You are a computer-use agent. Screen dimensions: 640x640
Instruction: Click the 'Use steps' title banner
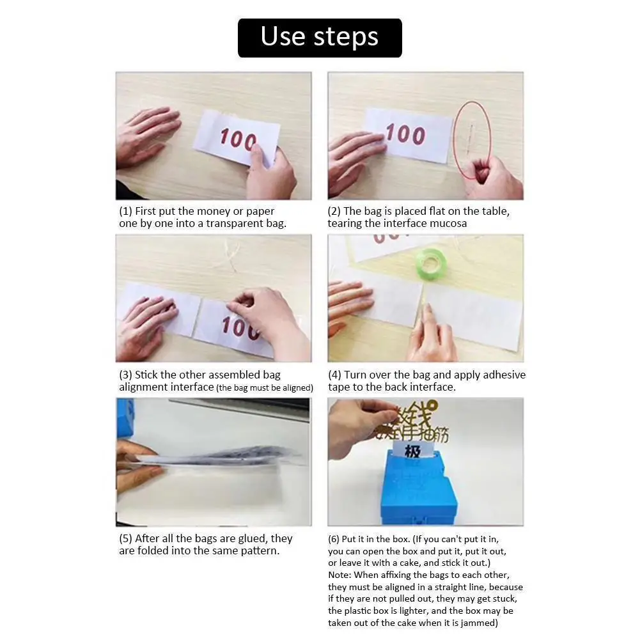point(320,38)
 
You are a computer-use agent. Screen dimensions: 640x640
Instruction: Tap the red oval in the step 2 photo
point(455,139)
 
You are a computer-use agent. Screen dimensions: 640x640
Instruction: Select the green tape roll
point(430,263)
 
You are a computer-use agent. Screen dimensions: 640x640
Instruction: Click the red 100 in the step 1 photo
point(238,139)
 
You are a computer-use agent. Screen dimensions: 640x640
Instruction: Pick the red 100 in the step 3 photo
point(241,327)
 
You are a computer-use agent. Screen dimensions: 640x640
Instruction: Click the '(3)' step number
point(125,375)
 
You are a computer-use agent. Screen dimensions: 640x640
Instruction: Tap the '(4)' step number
point(334,375)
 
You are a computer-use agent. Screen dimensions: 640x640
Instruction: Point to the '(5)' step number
point(125,539)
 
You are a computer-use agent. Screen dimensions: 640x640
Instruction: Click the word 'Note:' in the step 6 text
point(340,575)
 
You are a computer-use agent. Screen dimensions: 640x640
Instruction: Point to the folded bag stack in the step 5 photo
point(216,457)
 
